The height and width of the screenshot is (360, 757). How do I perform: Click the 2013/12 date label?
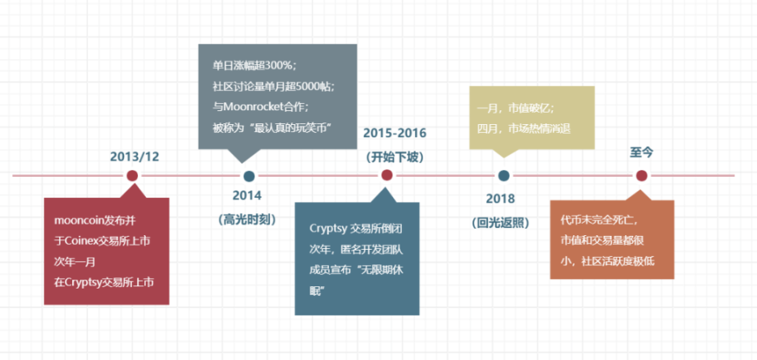pos(135,156)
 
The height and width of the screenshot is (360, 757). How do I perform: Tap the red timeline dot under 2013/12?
pos(132,176)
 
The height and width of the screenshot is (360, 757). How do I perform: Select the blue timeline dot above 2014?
pos(249,176)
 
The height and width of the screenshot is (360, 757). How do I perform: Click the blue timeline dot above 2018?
pos(504,176)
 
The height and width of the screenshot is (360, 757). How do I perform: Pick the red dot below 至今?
pos(641,176)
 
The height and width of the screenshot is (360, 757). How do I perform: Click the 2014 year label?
pos(247,195)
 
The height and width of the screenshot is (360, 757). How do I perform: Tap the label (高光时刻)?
pos(247,219)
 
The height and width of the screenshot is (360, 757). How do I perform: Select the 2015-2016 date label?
pos(395,132)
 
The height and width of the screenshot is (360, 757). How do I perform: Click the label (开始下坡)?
pos(395,156)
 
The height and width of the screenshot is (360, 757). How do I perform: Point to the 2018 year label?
pos(501,199)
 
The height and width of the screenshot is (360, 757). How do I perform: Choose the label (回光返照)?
pos(501,222)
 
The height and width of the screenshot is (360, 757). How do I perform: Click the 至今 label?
pos(641,152)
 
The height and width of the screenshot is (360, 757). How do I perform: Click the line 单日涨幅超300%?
pos(254,65)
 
